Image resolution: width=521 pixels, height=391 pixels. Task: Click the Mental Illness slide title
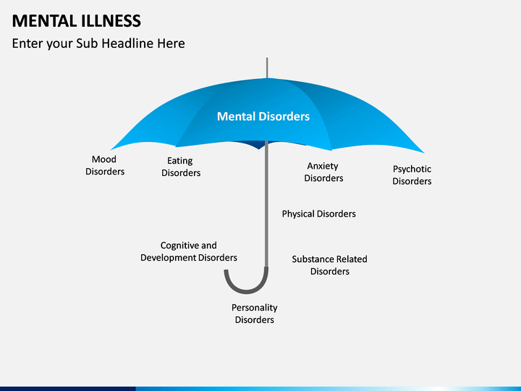pyautogui.click(x=77, y=20)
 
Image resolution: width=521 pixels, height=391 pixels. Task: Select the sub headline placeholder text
pyautogui.click(x=98, y=43)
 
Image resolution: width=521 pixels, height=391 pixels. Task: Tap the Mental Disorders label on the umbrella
pyautogui.click(x=263, y=117)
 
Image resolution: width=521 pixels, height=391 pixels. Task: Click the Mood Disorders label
pyautogui.click(x=105, y=165)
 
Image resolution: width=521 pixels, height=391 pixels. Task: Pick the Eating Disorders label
pyautogui.click(x=181, y=167)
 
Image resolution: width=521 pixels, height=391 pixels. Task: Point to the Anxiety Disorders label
pyautogui.click(x=323, y=172)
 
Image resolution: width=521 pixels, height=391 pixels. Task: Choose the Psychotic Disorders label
pyautogui.click(x=412, y=175)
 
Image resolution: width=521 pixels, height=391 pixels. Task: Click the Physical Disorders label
pyautogui.click(x=318, y=214)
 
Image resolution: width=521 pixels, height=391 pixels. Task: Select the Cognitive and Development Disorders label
pyautogui.click(x=189, y=251)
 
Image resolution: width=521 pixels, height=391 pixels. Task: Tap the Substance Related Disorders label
pyautogui.click(x=329, y=265)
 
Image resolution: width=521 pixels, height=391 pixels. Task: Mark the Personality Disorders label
pyautogui.click(x=254, y=314)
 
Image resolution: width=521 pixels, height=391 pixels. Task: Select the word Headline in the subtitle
pyautogui.click(x=127, y=43)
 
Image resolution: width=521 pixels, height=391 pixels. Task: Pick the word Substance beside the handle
pyautogui.click(x=312, y=259)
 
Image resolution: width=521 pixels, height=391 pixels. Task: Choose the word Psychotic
pyautogui.click(x=412, y=169)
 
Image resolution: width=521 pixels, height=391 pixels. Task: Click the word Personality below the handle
pyautogui.click(x=254, y=308)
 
